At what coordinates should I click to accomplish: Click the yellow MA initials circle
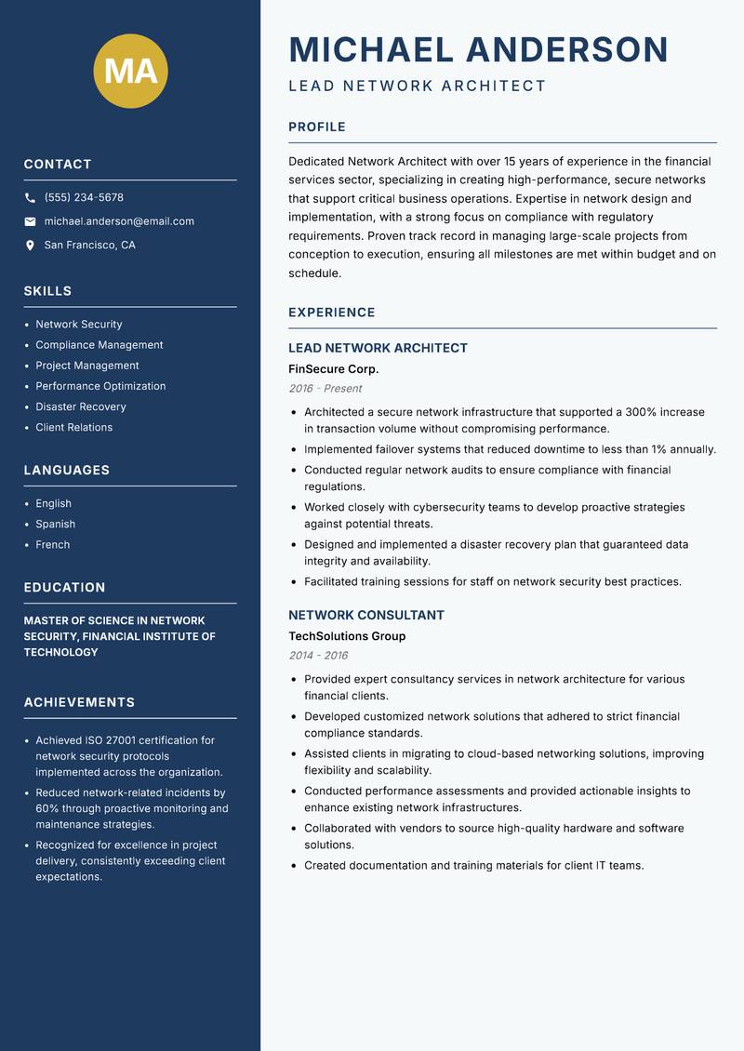point(130,71)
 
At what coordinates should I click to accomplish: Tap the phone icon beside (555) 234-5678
point(30,198)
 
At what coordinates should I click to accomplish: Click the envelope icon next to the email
point(30,221)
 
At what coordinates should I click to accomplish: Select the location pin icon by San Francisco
point(30,246)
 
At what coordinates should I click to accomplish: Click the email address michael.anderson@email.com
point(119,221)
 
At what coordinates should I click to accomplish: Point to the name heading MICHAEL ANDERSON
point(478,49)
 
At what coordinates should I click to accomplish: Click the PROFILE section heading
point(316,127)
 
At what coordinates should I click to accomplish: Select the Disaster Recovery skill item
point(81,406)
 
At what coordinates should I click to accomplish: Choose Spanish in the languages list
point(55,524)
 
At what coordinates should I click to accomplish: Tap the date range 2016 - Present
point(325,389)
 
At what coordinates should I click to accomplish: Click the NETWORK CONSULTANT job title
point(365,615)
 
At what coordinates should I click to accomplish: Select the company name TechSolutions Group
point(347,636)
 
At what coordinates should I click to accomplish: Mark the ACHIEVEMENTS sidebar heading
point(79,702)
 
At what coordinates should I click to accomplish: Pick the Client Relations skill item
point(73,427)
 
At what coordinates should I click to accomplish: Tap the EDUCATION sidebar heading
point(64,588)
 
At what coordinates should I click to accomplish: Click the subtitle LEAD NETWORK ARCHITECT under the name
point(417,86)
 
